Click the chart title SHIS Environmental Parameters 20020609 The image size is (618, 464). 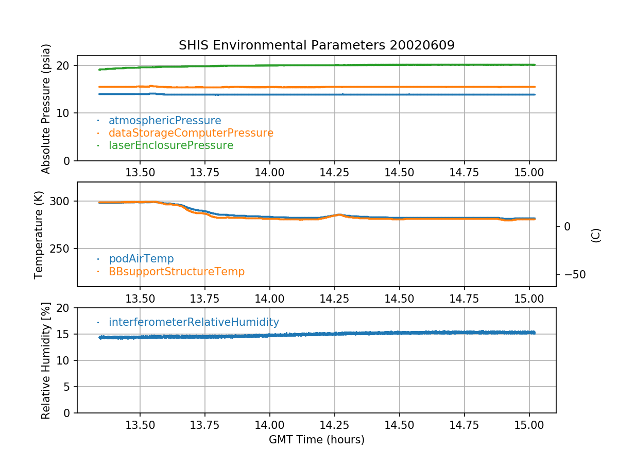(x=316, y=45)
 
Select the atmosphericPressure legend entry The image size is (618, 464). (x=165, y=121)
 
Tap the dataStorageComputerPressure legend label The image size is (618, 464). (x=191, y=133)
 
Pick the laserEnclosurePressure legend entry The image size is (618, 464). (x=171, y=145)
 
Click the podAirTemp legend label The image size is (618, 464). (x=141, y=259)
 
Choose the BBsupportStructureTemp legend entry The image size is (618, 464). (x=177, y=272)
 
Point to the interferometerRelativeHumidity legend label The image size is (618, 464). (x=194, y=322)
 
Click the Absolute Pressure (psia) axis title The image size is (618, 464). (x=46, y=109)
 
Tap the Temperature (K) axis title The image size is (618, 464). (x=38, y=235)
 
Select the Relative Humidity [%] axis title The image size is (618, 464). (x=46, y=360)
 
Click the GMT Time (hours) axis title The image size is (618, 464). (x=316, y=439)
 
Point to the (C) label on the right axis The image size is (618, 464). (x=596, y=235)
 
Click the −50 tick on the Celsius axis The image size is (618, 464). (x=575, y=274)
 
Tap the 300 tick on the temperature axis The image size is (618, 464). (x=59, y=201)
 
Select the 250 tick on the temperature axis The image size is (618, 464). (x=59, y=248)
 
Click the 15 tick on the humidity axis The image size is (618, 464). (x=62, y=334)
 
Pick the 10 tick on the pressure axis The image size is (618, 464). (x=62, y=113)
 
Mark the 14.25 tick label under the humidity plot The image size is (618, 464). (x=334, y=425)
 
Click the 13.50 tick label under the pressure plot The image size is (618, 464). (x=140, y=172)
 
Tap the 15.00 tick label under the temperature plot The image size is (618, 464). (x=529, y=299)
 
